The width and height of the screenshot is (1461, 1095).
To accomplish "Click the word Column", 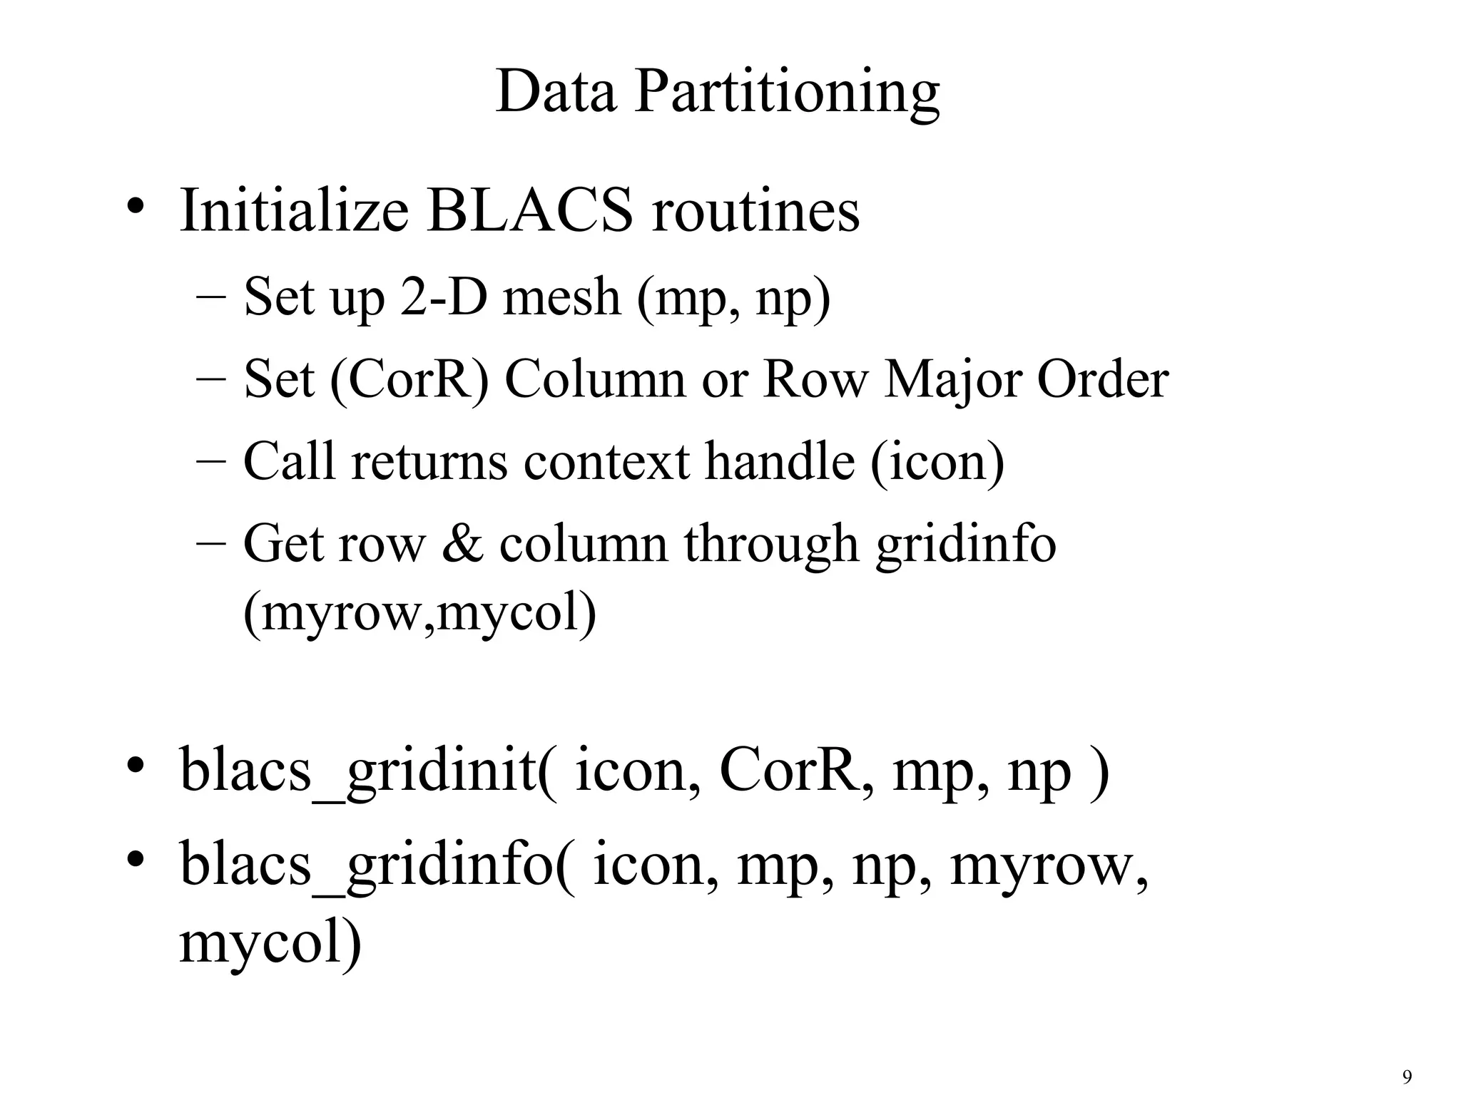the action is click(596, 379).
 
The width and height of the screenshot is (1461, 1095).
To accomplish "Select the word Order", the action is click(1102, 379).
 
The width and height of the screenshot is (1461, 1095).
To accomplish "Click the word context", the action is click(606, 461).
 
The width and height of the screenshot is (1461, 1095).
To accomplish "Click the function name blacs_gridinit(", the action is click(370, 771).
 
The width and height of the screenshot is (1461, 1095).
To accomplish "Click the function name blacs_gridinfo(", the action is click(377, 863).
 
